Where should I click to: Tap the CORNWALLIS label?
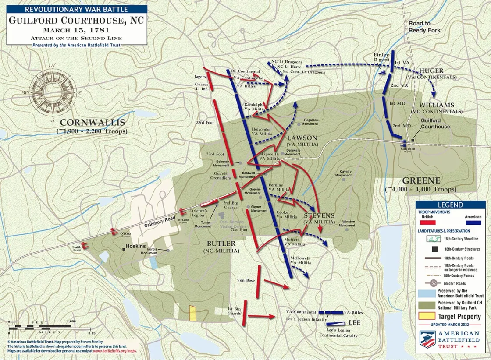pos(93,123)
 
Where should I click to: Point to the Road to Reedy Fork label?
pos(424,27)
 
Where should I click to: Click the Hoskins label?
pos(136,246)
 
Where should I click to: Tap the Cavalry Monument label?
pos(343,173)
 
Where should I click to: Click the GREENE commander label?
pos(420,180)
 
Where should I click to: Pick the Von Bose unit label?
pos(246,280)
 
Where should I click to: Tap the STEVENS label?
pos(319,215)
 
